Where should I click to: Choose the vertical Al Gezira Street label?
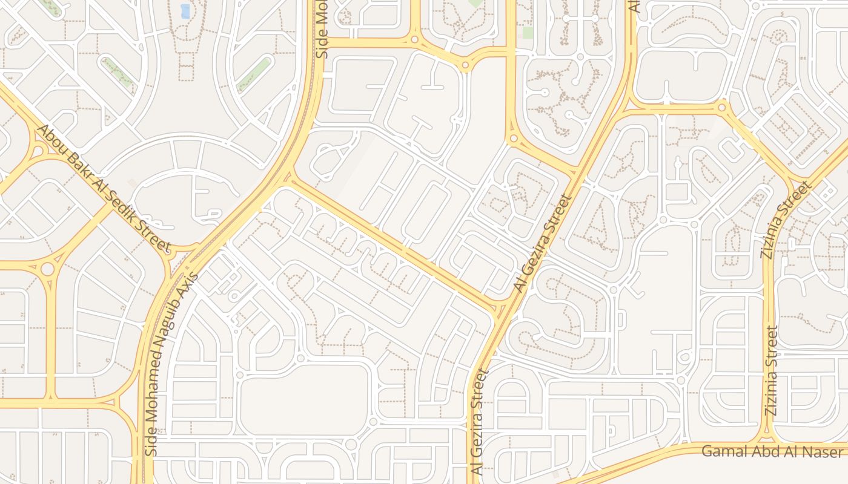pos(479,422)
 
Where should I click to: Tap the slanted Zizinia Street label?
pos(786,220)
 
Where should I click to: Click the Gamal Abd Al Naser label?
pos(772,451)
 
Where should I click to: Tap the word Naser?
pos(827,451)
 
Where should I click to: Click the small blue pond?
pos(185,11)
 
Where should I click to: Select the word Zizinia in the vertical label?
pos(771,393)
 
